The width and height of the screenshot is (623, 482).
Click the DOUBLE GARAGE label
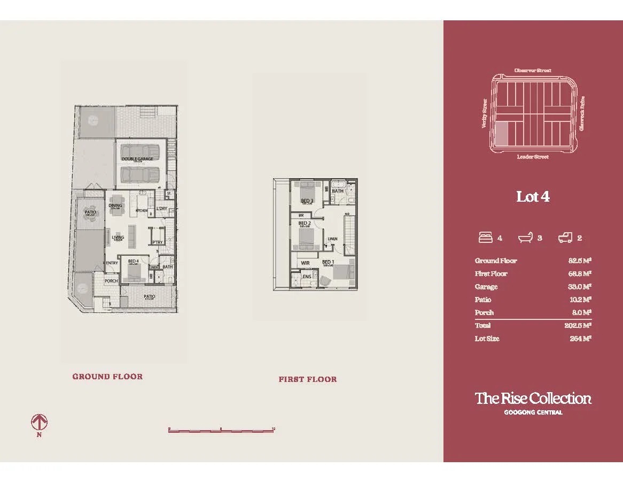pyautogui.click(x=137, y=159)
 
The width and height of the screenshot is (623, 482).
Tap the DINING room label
pyautogui.click(x=115, y=205)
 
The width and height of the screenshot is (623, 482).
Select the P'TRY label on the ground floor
pyautogui.click(x=157, y=243)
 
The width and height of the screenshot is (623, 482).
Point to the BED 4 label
pyautogui.click(x=133, y=261)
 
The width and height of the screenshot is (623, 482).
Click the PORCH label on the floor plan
pyautogui.click(x=111, y=281)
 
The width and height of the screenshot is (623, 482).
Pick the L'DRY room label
pyautogui.click(x=162, y=209)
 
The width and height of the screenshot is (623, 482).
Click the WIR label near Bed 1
pyautogui.click(x=305, y=263)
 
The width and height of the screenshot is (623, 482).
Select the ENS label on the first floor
pyautogui.click(x=307, y=277)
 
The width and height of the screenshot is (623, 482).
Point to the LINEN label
pyautogui.click(x=332, y=239)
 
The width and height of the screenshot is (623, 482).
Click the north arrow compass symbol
pyautogui.click(x=39, y=423)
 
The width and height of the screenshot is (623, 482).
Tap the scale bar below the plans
pyautogui.click(x=221, y=430)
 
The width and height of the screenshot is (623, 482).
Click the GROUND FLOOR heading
pyautogui.click(x=107, y=377)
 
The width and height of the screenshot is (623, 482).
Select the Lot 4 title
pyautogui.click(x=533, y=197)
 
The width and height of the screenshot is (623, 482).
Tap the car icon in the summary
pyautogui.click(x=565, y=238)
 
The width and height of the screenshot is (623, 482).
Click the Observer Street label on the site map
pyautogui.click(x=533, y=70)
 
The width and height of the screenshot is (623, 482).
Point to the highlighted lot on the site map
pyautogui.click(x=502, y=133)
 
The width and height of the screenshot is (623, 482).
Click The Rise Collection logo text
pyautogui.click(x=533, y=399)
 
